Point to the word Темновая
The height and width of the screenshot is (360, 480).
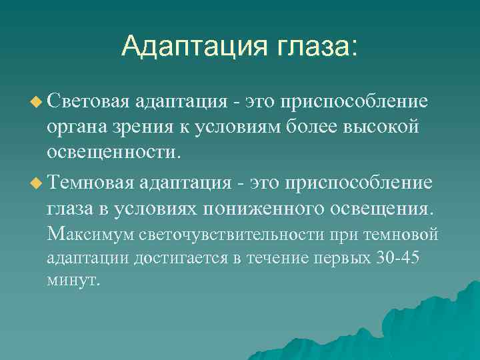click(x=91, y=183)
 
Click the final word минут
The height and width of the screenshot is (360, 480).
click(x=73, y=280)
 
